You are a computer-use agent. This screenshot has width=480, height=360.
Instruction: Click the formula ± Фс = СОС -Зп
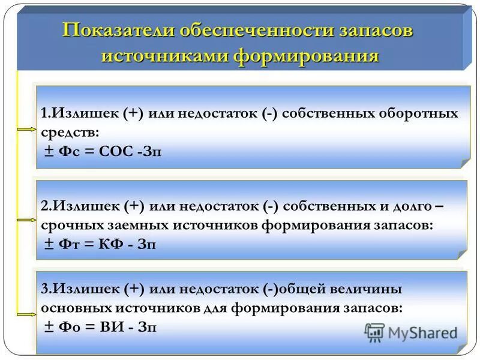[103, 152]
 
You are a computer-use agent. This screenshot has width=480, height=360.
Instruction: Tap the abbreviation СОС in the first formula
[116, 152]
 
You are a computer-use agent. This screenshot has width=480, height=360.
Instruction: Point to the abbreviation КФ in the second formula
[114, 244]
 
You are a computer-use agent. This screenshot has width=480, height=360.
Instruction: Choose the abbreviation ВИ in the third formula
[113, 326]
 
